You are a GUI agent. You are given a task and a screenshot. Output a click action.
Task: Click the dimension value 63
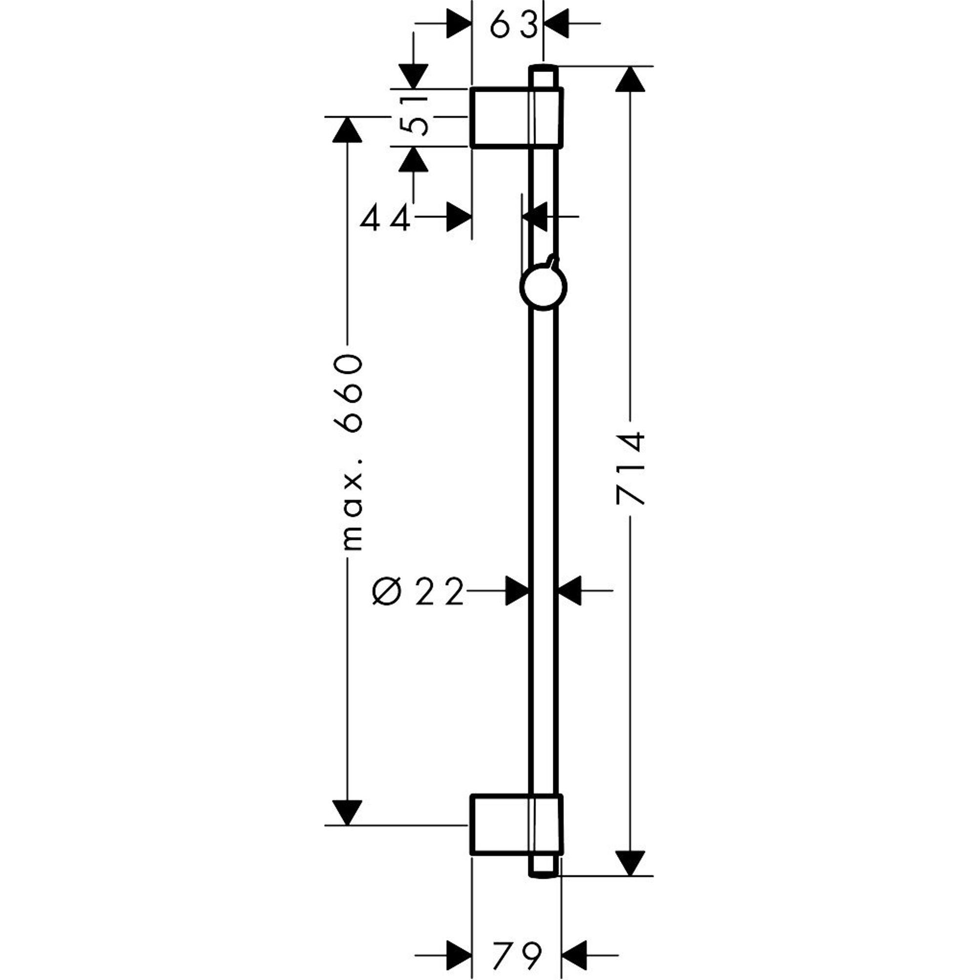click(514, 24)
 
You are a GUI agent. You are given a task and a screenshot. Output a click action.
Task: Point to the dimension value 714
click(631, 468)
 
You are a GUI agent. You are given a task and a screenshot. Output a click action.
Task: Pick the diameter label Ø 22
click(418, 591)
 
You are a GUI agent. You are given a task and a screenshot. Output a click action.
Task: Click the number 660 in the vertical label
click(348, 393)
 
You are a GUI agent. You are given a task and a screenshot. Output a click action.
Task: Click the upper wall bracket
click(516, 118)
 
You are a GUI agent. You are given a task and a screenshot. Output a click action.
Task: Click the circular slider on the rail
click(543, 287)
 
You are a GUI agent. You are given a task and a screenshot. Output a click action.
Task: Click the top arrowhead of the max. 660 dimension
click(347, 130)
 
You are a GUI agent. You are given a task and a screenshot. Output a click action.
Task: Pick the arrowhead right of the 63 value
click(557, 24)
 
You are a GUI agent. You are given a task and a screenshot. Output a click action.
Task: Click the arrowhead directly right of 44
click(459, 217)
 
